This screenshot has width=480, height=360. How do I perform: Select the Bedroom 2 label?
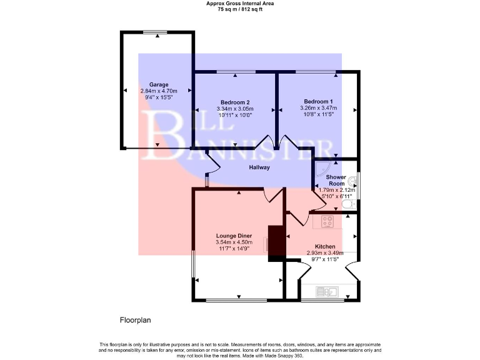pyautogui.click(x=235, y=102)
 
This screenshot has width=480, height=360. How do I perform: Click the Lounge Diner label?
pyautogui.click(x=234, y=236)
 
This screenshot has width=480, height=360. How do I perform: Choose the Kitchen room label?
pyautogui.click(x=324, y=247)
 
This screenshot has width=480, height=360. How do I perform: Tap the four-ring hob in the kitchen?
pyautogui.click(x=328, y=221)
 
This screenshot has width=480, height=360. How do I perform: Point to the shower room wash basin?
pyautogui.click(x=353, y=182)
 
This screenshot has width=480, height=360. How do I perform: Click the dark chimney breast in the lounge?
pyautogui.click(x=276, y=241)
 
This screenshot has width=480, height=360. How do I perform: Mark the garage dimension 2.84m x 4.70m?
pyautogui.click(x=159, y=91)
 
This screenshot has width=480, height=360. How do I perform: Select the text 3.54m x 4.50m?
pyautogui.click(x=234, y=242)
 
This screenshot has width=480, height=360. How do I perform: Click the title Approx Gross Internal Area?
pyautogui.click(x=240, y=3)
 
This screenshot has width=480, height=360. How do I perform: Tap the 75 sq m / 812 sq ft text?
pyautogui.click(x=240, y=10)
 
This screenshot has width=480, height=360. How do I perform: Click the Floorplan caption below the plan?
pyautogui.click(x=136, y=320)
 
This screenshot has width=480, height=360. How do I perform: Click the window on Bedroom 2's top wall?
pyautogui.click(x=236, y=72)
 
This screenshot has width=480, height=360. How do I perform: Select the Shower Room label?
pyautogui.click(x=336, y=181)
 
